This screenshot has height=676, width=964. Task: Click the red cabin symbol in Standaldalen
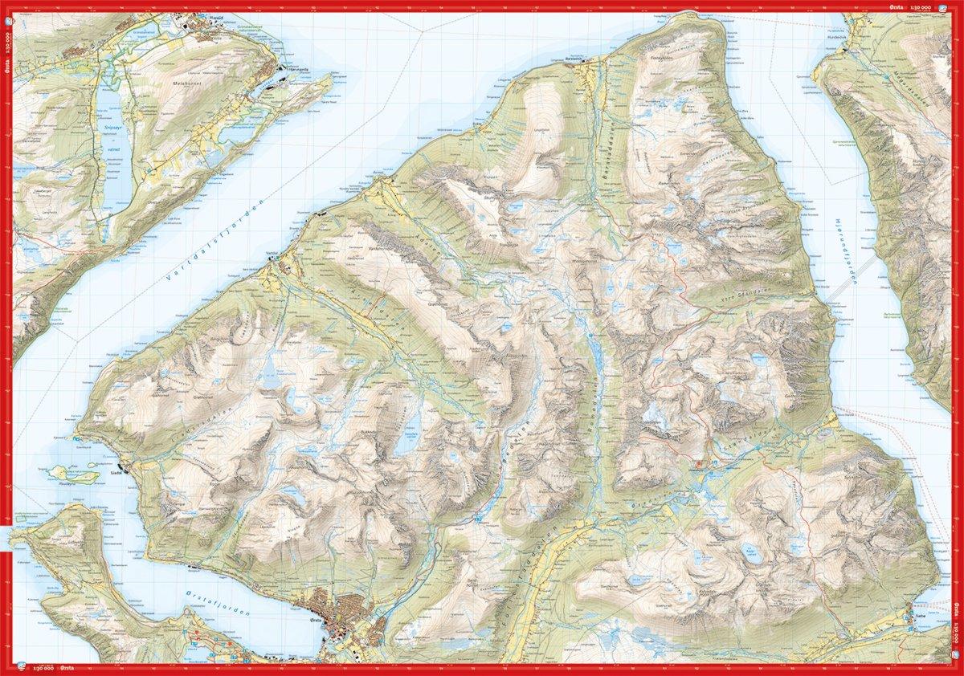[699, 464]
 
